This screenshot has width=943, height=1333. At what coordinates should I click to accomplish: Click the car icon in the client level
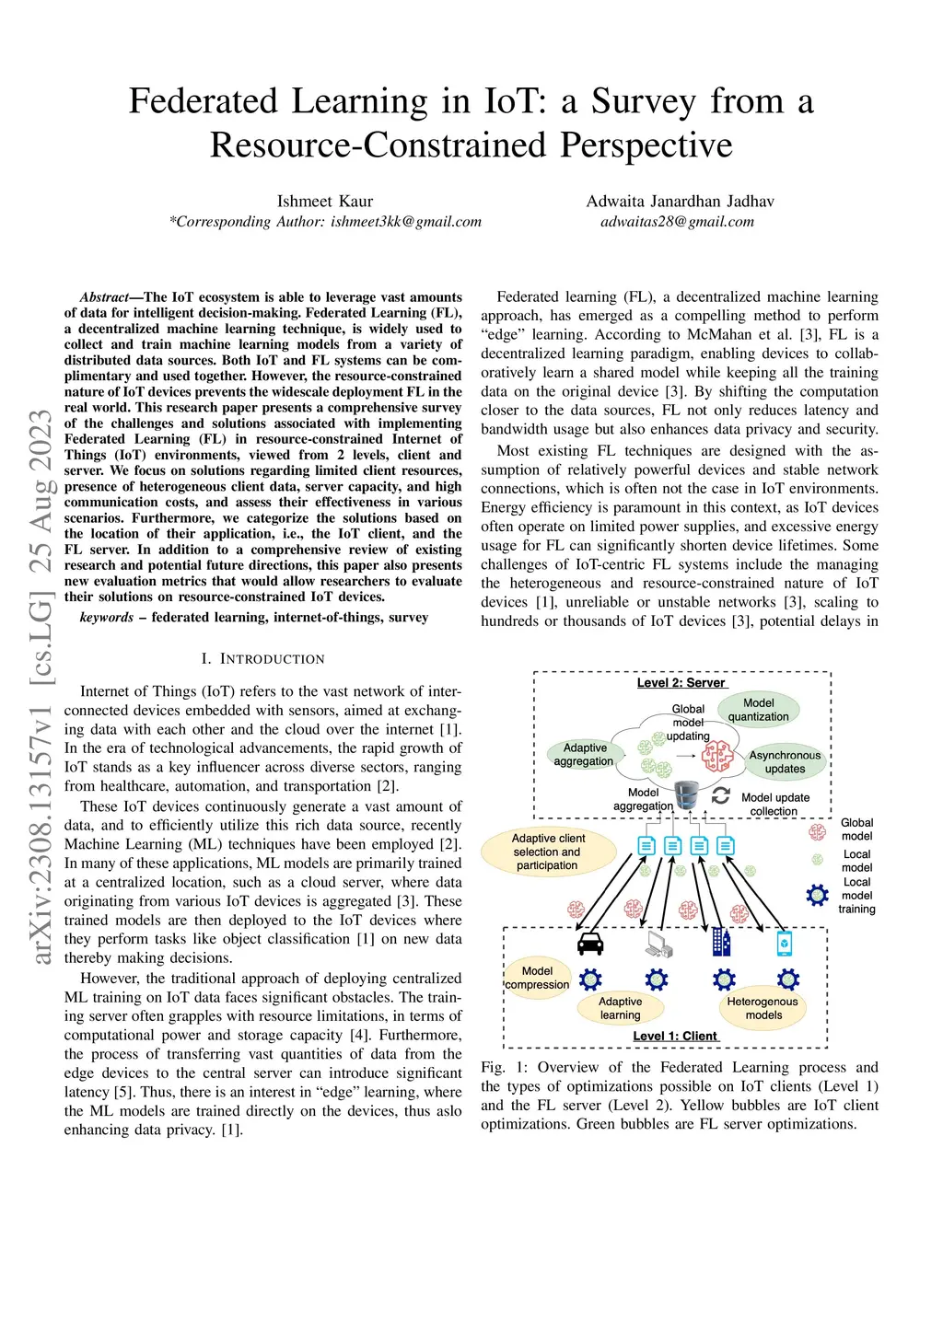tap(589, 944)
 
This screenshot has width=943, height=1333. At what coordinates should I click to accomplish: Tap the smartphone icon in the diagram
tap(784, 943)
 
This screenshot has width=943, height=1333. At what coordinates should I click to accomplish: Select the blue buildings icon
tap(721, 942)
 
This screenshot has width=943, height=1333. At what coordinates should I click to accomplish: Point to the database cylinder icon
tap(686, 794)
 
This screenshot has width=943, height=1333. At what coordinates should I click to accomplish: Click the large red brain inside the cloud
tap(716, 756)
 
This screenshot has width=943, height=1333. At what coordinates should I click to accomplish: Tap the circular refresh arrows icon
tap(721, 795)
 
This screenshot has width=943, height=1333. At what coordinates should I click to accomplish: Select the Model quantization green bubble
tap(759, 710)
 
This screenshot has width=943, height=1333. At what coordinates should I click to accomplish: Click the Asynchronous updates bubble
tap(785, 761)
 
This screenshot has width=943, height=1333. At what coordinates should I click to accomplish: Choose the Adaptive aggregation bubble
tap(584, 754)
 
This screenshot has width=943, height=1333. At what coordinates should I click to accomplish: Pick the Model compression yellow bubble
tap(537, 978)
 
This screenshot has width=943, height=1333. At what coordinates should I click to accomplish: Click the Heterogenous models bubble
tap(763, 1008)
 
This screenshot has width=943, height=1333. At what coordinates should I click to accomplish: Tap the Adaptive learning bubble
tap(620, 1008)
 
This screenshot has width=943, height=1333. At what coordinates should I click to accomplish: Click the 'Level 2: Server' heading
tap(681, 683)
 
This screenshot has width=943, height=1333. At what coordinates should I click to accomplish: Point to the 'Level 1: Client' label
tap(675, 1036)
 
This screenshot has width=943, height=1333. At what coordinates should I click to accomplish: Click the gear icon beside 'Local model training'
tap(817, 895)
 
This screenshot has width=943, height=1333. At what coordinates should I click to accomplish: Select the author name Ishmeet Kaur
tap(325, 202)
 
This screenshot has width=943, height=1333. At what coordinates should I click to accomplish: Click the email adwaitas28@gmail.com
tap(677, 222)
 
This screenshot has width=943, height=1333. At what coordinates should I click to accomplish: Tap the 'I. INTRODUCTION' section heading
tap(262, 659)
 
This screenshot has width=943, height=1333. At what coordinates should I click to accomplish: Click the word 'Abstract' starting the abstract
tap(104, 297)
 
